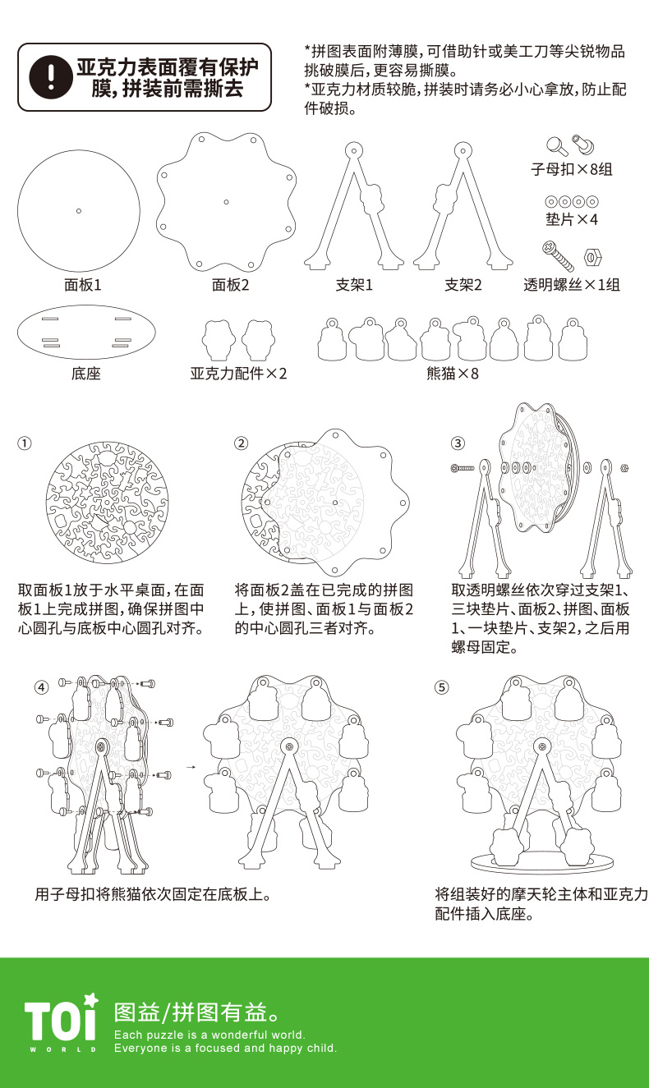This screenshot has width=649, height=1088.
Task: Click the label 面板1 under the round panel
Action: point(82,285)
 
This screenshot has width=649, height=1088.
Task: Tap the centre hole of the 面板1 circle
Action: point(79,211)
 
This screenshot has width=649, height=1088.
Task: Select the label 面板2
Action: point(230,285)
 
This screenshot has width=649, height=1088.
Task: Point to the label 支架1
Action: point(354,285)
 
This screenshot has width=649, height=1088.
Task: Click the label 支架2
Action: point(463,285)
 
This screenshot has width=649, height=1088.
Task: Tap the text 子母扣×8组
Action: point(572,170)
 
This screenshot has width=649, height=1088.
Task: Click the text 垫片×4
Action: point(572,220)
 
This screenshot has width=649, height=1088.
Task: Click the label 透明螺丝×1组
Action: point(572,285)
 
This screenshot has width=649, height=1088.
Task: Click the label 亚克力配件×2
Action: point(239,374)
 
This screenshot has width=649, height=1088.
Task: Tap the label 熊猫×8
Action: point(453,374)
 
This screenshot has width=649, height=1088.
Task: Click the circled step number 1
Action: point(25,443)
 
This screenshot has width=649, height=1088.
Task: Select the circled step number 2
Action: point(241,443)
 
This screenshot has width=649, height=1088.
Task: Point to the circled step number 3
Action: point(458,443)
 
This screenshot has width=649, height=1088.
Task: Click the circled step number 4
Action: point(41,687)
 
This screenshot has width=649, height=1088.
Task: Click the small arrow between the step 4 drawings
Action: point(191,768)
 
